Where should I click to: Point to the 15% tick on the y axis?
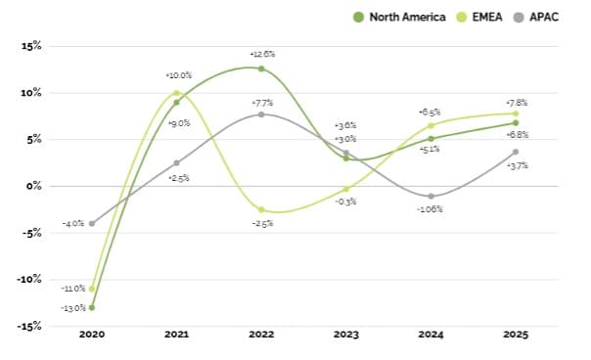[30, 46]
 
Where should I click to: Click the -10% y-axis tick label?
[28, 279]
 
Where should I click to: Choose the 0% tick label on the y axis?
[33, 186]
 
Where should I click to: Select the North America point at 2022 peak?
[261, 68]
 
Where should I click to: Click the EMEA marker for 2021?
[176, 93]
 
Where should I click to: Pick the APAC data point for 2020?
[92, 223]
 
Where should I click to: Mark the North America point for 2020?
[92, 307]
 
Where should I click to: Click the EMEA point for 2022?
[261, 209]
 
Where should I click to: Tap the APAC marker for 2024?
[431, 196]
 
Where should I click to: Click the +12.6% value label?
[261, 54]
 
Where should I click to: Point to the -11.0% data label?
[72, 289]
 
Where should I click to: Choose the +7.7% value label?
[261, 101]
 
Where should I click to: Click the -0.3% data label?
[345, 202]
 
